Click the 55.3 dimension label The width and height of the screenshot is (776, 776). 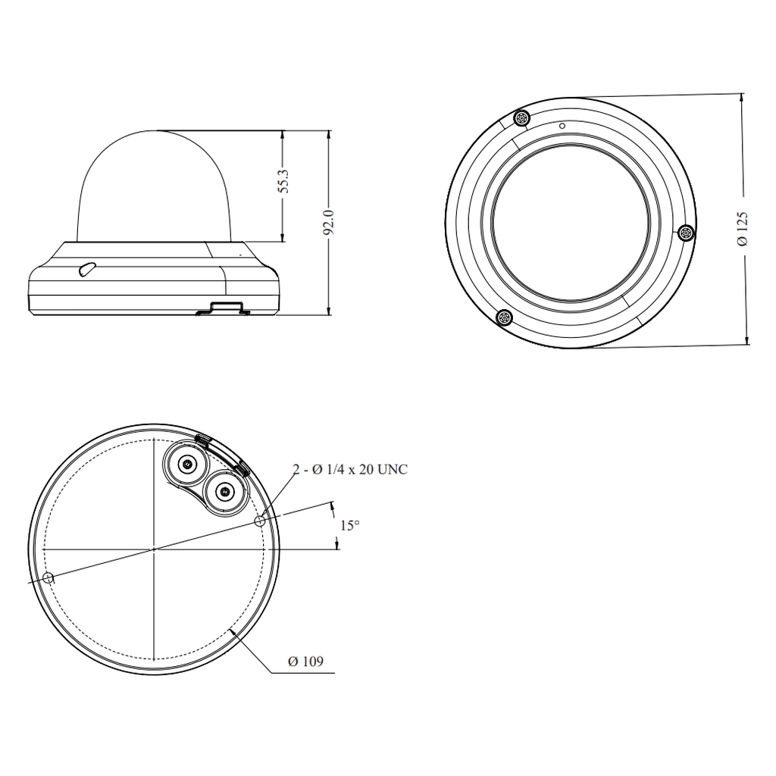pos(283,180)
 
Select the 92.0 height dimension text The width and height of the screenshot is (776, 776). pos(329,222)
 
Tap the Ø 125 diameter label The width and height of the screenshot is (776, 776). pos(743,229)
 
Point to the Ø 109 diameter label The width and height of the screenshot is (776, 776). pos(305,662)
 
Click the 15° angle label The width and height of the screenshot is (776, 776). pos(350,526)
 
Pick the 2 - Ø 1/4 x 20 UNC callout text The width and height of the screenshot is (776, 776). pos(350,469)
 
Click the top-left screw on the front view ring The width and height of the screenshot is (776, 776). pos(521,119)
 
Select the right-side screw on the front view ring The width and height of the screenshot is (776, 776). pos(686,233)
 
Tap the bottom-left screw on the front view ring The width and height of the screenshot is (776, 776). pos(504,318)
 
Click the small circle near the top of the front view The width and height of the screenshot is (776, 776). pos(562,126)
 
